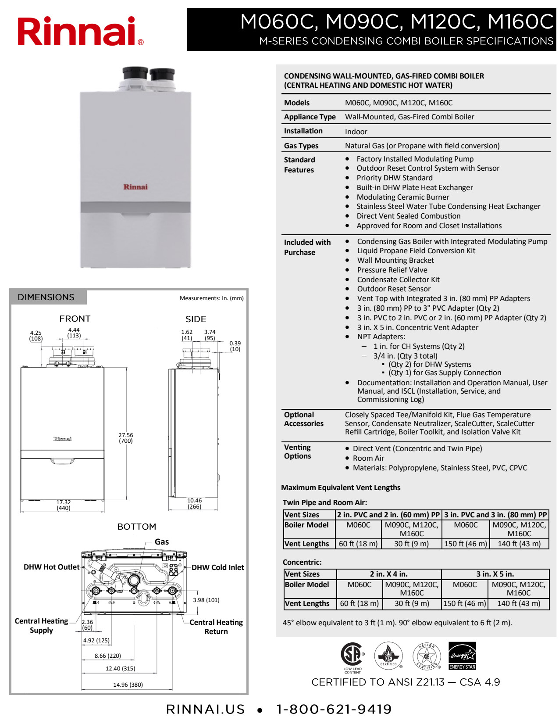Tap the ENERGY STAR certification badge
pyautogui.click(x=462, y=656)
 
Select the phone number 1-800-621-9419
pyautogui.click(x=334, y=709)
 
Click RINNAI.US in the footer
pyautogui.click(x=205, y=709)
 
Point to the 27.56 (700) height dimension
pyautogui.click(x=126, y=438)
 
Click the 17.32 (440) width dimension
pyautogui.click(x=64, y=505)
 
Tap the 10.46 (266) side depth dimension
pyautogui.click(x=194, y=503)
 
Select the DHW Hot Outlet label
pyautogui.click(x=52, y=567)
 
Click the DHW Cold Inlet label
pyautogui.click(x=217, y=567)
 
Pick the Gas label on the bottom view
pyautogui.click(x=162, y=542)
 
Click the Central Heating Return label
pyautogui.click(x=216, y=627)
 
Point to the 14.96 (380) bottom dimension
pyautogui.click(x=128, y=685)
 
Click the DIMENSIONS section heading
pyautogui.click(x=46, y=297)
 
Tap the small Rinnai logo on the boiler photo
pyautogui.click(x=135, y=187)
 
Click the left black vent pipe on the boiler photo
pyautogui.click(x=135, y=73)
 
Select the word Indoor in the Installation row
pyautogui.click(x=356, y=132)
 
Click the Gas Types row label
pyautogui.click(x=301, y=146)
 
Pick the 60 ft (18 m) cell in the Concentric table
pyautogui.click(x=360, y=603)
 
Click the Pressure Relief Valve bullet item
pyautogui.click(x=392, y=270)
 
